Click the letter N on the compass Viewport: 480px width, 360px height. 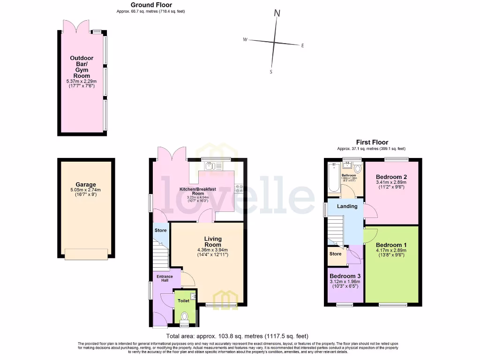point(277,14)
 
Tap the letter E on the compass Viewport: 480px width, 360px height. point(303,45)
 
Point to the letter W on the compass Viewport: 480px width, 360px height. point(245,40)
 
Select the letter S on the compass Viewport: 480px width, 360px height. point(271,72)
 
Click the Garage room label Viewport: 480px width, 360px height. point(85,185)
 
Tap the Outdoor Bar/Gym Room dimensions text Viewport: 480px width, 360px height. point(81,83)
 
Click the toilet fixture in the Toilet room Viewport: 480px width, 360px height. point(184,317)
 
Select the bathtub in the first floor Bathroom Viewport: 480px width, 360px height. point(334,178)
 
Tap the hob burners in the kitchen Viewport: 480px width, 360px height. point(239,189)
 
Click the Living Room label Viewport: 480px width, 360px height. point(212,241)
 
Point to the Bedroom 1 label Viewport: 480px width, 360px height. point(391,245)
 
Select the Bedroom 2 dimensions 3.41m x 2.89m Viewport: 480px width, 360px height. point(391,182)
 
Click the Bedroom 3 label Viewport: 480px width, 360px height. point(345,276)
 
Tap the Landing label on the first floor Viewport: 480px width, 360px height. point(347,206)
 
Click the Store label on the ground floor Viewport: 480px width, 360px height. point(160,231)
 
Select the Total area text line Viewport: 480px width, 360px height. point(237,336)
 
